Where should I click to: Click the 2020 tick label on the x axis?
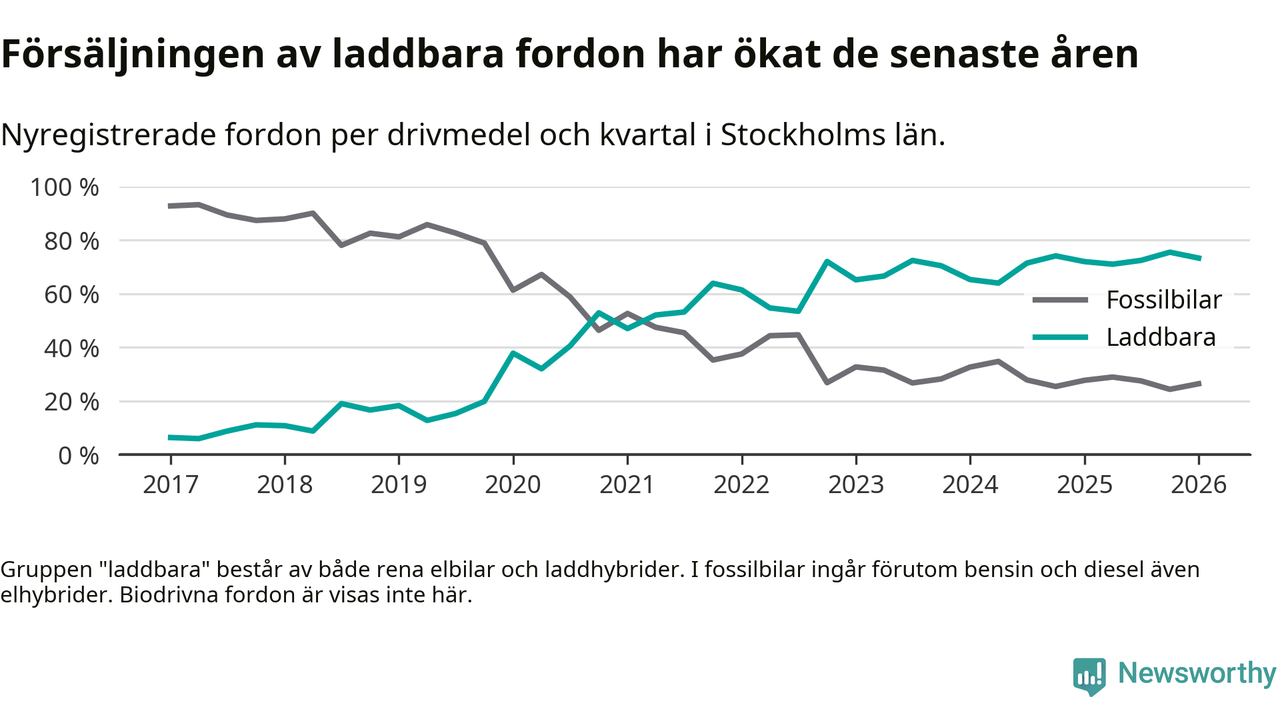point(513,485)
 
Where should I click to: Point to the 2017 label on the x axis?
point(170,485)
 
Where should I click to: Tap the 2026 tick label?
point(1199,485)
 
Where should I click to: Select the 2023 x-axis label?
point(856,485)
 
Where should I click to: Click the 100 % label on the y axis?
point(66,188)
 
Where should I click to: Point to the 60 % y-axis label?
point(71,295)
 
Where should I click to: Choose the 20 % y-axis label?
point(71,402)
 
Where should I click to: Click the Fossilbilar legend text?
point(1164,299)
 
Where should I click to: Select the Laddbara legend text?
point(1161,337)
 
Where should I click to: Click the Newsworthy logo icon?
point(1089,675)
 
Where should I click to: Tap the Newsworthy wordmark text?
point(1197,673)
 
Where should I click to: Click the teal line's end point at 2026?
point(1199,258)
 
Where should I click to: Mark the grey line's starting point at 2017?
point(170,206)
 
